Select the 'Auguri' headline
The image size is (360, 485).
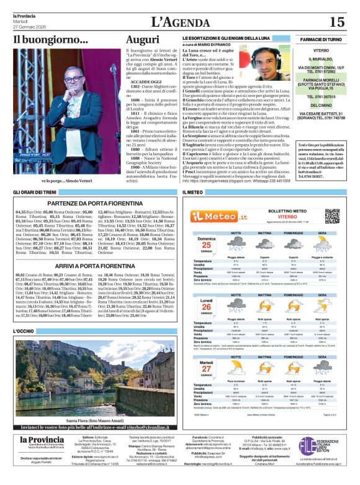(142, 40)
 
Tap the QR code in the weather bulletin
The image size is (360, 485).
(332, 216)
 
